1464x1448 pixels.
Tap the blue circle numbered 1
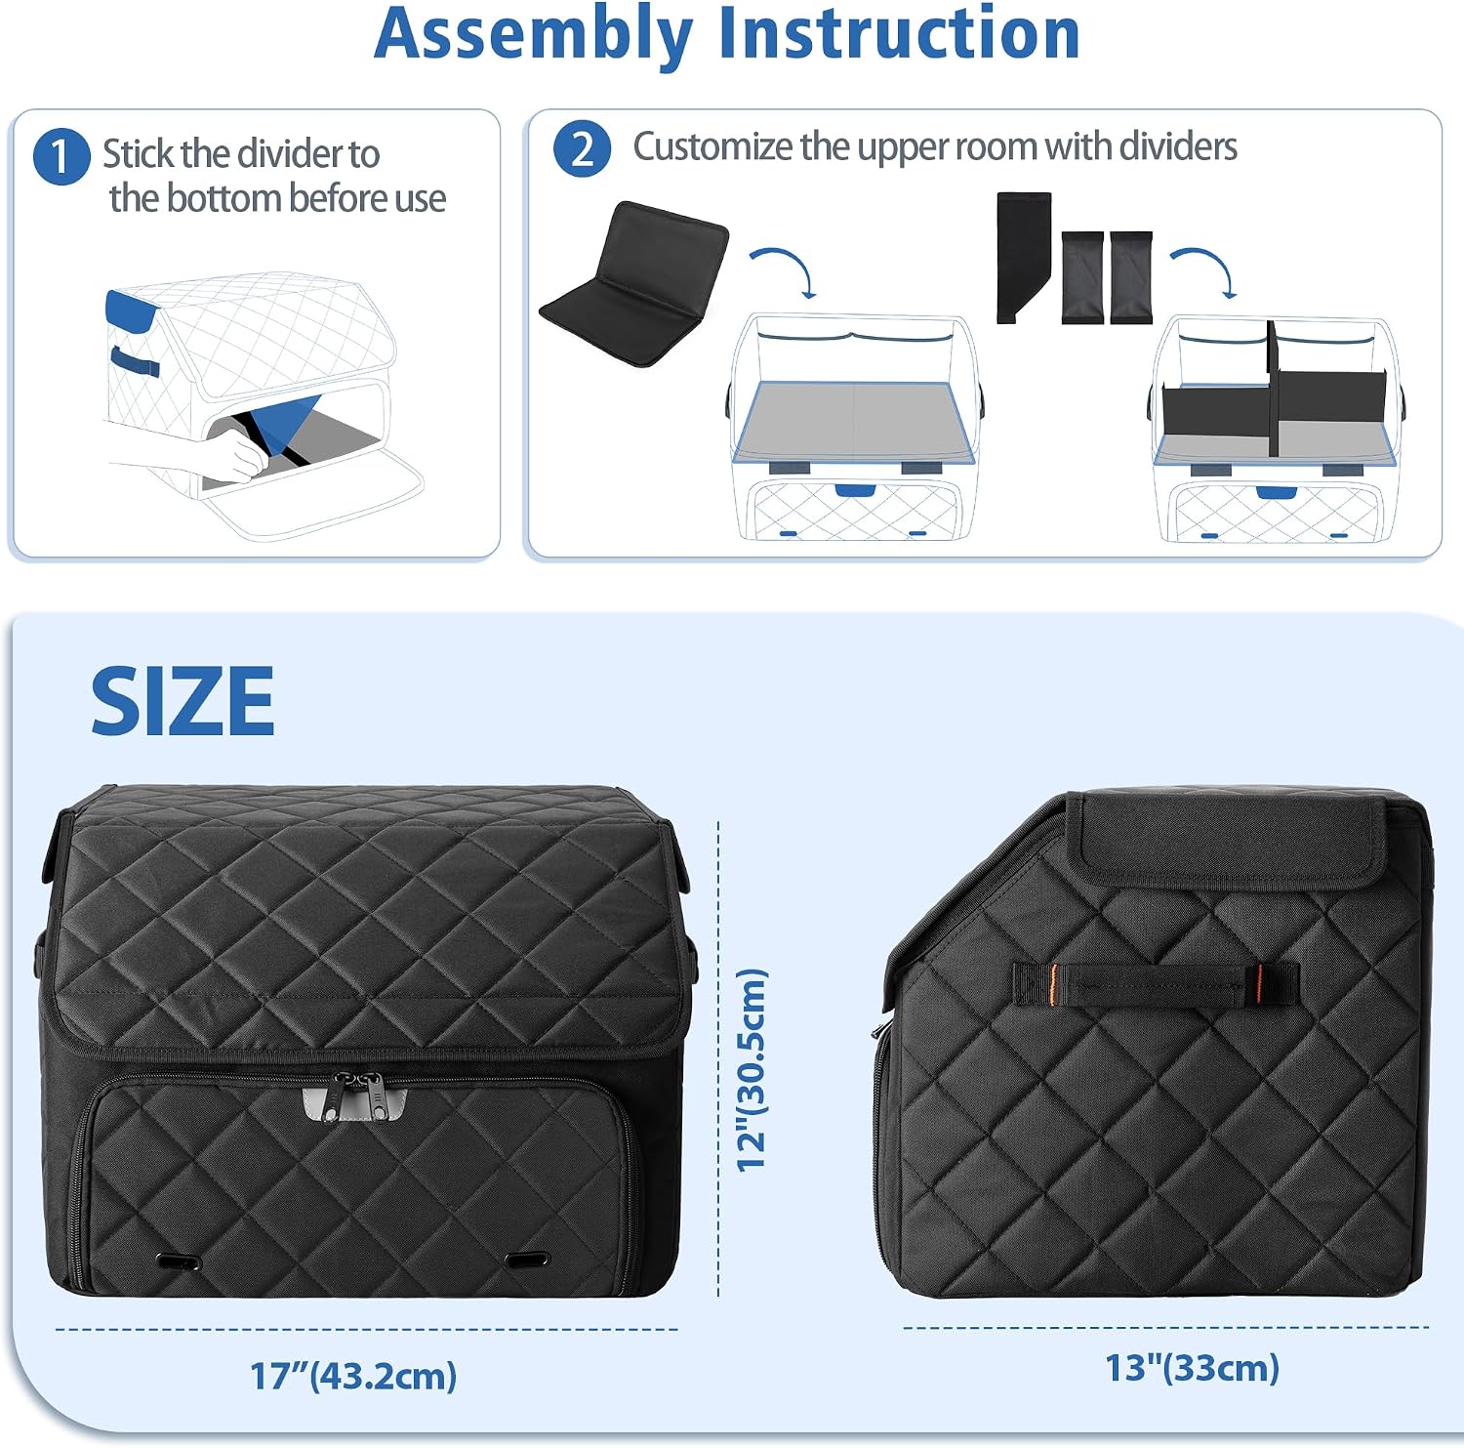tap(61, 156)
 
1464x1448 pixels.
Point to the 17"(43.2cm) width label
tap(353, 1375)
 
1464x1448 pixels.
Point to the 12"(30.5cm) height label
tap(752, 1070)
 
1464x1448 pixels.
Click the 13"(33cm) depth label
tap(1192, 1367)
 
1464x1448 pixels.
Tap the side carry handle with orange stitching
tap(1156, 984)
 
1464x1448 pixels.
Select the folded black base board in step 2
tap(634, 283)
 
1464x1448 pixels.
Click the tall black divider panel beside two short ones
tap(1023, 257)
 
